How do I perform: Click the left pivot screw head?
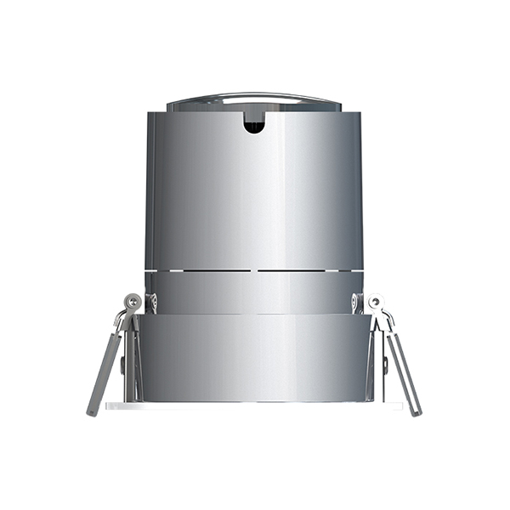pyautogui.click(x=133, y=301)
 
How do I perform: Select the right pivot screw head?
pyautogui.click(x=375, y=301)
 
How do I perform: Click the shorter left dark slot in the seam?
pyautogui.click(x=199, y=271)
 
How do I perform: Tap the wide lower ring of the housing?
pyautogui.click(x=253, y=357)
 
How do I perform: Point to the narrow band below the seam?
pyautogui.click(x=253, y=292)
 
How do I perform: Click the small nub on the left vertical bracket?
pyautogui.click(x=124, y=365)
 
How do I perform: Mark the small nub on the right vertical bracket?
pyautogui.click(x=384, y=365)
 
